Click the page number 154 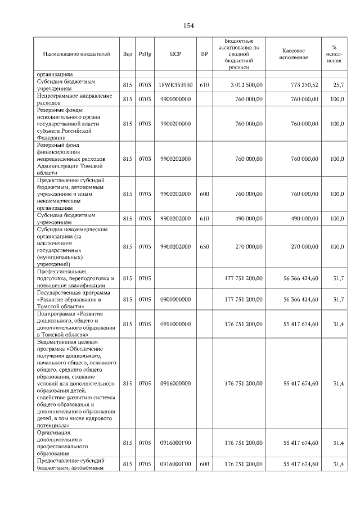click(189, 26)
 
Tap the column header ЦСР click(174, 55)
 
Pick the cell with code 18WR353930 click(175, 85)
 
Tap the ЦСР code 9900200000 click(175, 124)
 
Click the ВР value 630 click(204, 246)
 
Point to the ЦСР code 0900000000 click(175, 299)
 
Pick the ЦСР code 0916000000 click(175, 383)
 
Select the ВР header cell click(204, 55)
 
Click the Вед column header click(128, 55)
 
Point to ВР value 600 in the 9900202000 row click(204, 194)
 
